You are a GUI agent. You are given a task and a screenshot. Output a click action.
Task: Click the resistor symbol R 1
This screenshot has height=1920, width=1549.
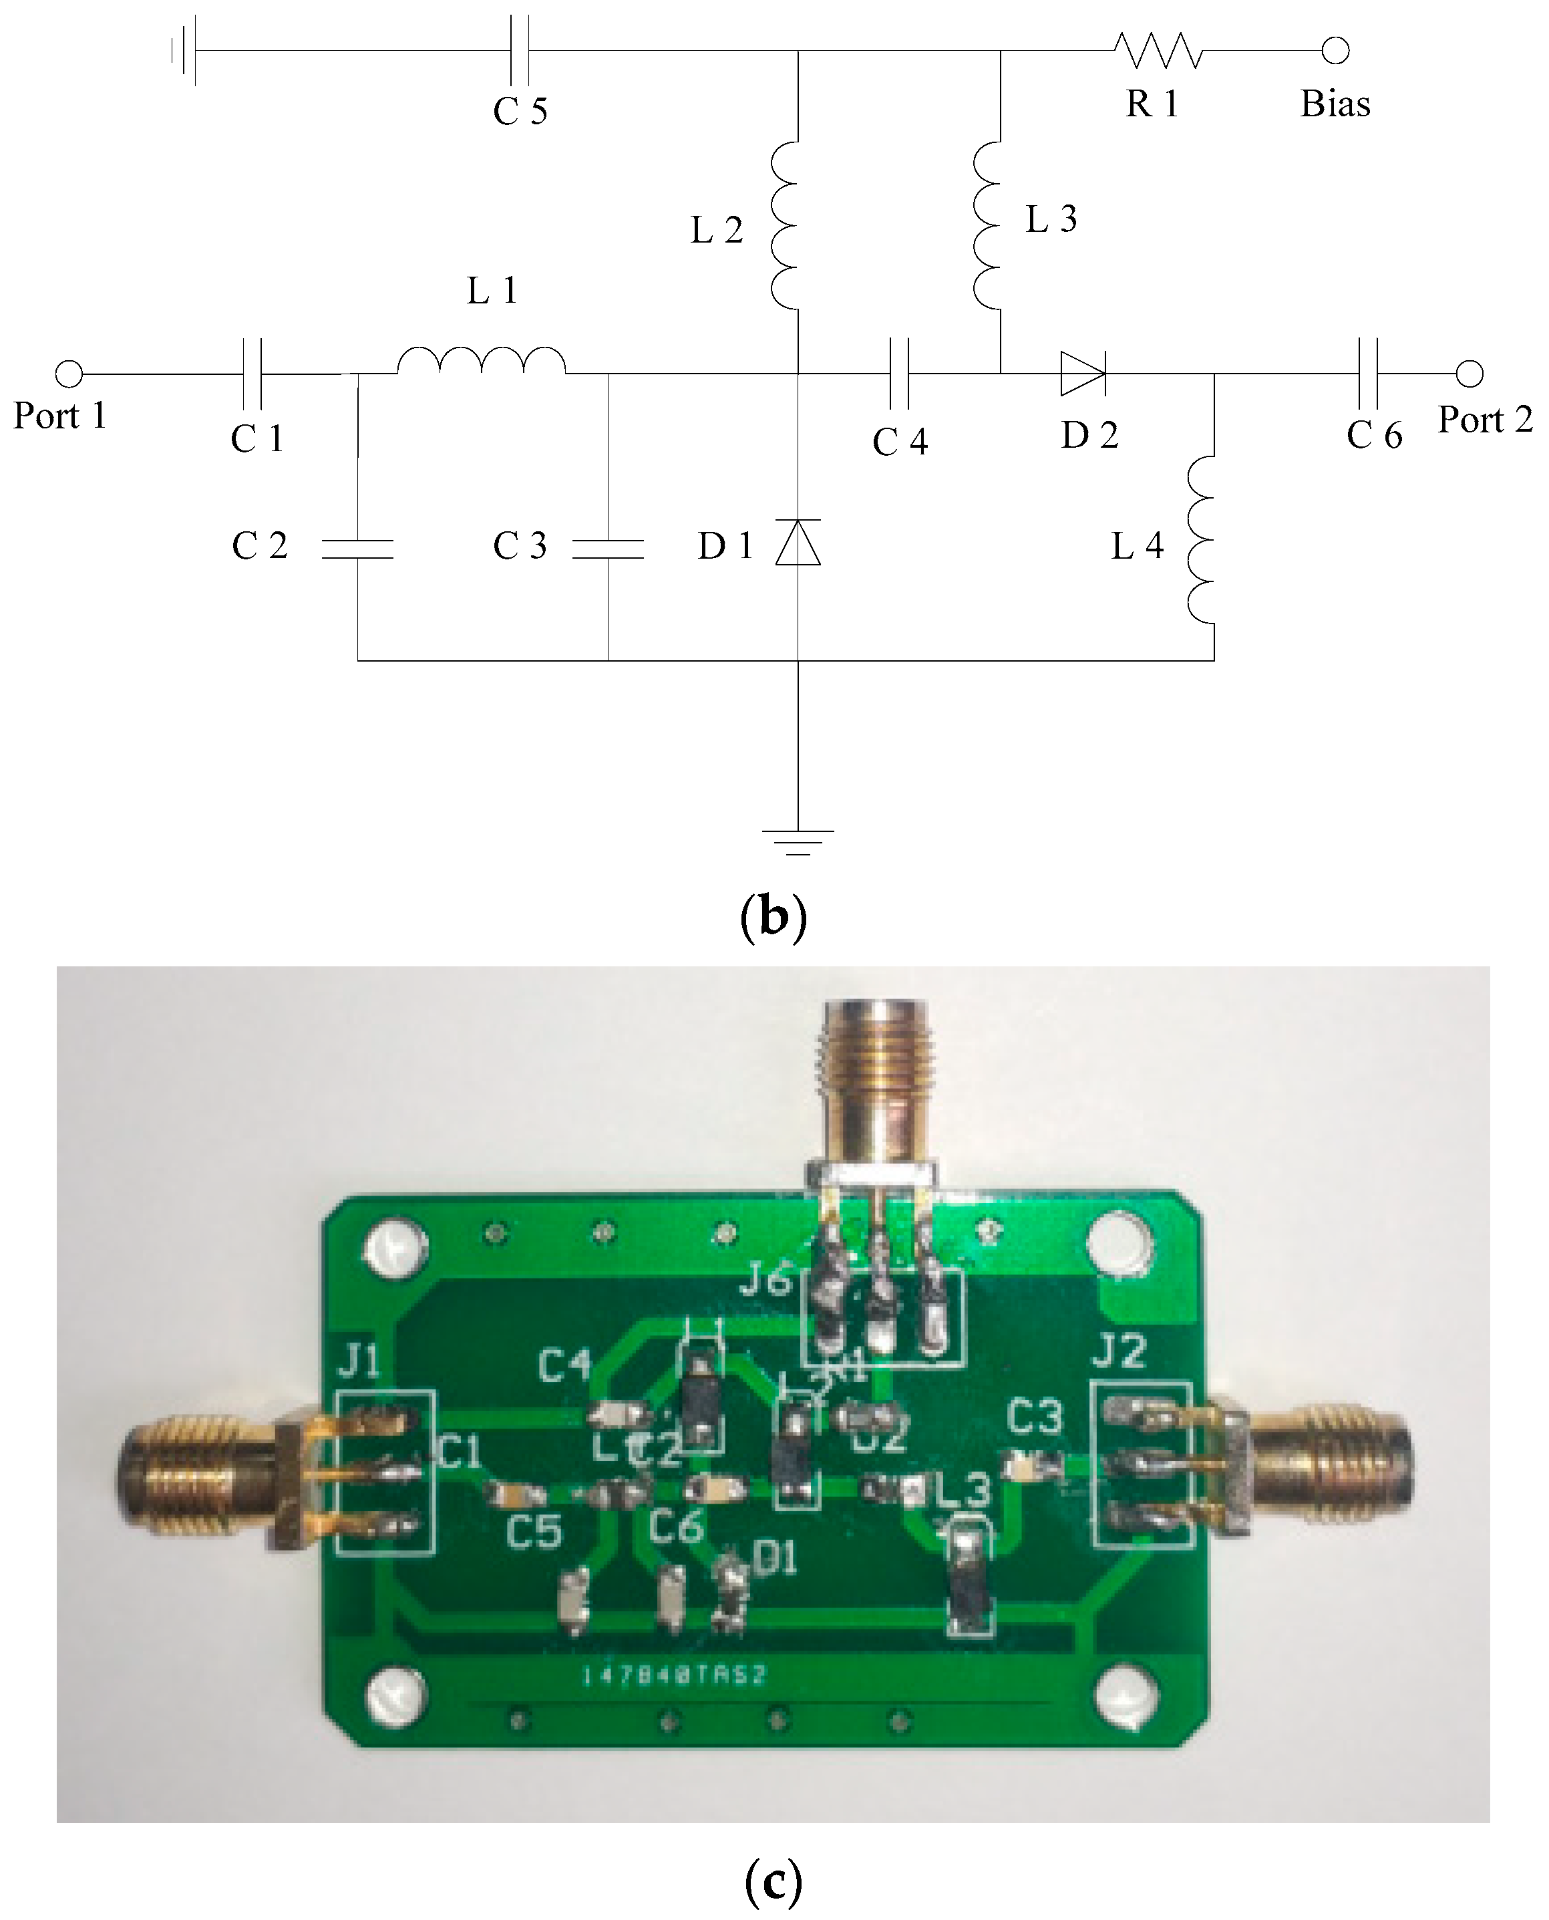[x=1158, y=51]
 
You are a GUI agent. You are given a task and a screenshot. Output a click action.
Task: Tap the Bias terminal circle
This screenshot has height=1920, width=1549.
[x=1335, y=51]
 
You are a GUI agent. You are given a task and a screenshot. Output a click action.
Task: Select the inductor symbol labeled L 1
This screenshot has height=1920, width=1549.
[x=481, y=361]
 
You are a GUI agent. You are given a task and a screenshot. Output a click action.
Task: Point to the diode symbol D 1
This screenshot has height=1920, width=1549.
[x=798, y=543]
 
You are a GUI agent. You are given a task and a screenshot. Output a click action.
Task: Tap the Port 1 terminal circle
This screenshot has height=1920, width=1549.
[x=69, y=373]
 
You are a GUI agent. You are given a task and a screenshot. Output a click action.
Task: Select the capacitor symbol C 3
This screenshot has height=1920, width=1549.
[x=608, y=549]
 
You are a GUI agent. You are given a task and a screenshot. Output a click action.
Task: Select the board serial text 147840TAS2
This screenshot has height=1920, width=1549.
[x=674, y=1675]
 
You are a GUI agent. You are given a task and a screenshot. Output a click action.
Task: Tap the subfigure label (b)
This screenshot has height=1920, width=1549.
[x=773, y=917]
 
